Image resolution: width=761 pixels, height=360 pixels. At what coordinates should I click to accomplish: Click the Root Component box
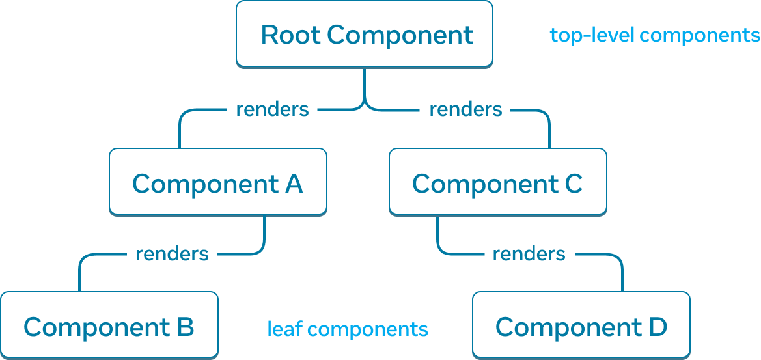[364, 34]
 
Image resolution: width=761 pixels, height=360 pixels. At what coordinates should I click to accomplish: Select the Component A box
[217, 182]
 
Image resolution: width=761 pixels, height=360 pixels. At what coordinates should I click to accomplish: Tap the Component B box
[109, 325]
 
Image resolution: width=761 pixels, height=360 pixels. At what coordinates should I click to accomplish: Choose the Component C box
[497, 182]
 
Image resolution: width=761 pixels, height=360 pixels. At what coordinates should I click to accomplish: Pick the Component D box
[581, 325]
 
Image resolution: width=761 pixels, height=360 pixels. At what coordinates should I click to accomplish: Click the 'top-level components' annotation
[654, 35]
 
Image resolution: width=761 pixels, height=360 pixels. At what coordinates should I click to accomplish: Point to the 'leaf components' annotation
[348, 329]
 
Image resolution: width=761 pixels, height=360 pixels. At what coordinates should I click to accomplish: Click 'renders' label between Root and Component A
[271, 109]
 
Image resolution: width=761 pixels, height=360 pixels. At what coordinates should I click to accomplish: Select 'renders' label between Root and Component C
[465, 109]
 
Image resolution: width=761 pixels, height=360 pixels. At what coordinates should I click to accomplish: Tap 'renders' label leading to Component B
[172, 253]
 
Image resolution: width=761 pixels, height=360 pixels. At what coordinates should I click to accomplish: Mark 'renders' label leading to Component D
[528, 253]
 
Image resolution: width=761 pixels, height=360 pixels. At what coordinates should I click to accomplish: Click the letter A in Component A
[294, 184]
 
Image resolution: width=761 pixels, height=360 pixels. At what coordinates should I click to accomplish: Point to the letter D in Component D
[657, 327]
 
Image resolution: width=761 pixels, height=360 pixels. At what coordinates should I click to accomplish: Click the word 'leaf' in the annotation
[284, 329]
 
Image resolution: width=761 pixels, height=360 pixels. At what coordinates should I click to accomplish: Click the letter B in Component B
[185, 327]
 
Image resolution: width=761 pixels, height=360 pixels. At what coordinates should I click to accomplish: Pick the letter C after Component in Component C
[573, 184]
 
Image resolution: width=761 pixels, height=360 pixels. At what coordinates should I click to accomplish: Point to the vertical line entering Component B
[79, 277]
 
